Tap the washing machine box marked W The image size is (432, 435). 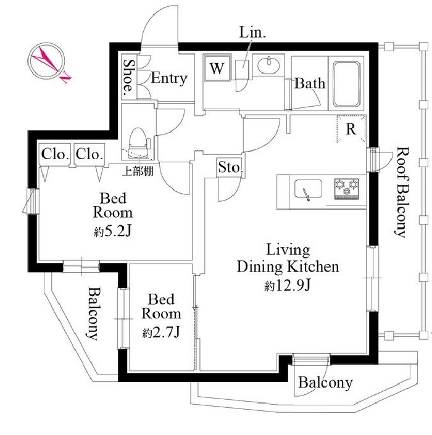point(216,68)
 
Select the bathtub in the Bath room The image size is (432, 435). point(349,84)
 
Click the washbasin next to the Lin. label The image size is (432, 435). point(269,66)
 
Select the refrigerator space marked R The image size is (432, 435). point(351,130)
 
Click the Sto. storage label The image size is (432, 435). point(230,167)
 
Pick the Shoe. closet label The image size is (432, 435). point(129,78)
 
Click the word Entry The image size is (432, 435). point(168,78)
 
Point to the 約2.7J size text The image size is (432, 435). point(161,333)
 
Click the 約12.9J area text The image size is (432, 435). point(288,286)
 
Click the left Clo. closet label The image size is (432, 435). point(55,154)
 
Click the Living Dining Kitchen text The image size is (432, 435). point(288,259)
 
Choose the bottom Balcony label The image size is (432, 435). point(325,383)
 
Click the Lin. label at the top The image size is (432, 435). point(253,33)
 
